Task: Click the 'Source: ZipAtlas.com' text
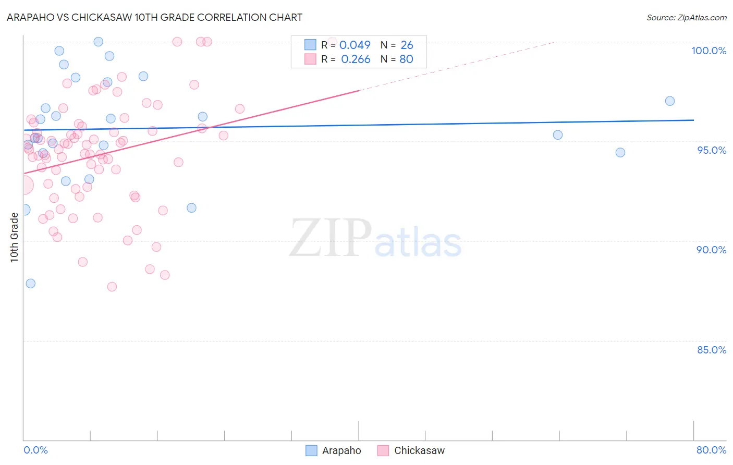686,18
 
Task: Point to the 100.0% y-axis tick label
708,51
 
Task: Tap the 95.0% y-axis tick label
712,150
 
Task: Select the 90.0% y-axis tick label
711,250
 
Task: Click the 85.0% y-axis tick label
711,350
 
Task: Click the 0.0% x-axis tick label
35,450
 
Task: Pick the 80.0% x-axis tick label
711,450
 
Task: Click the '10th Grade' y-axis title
15,237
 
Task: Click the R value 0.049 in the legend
355,45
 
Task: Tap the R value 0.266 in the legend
356,59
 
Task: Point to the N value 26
407,45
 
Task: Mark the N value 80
406,59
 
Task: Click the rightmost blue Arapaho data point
670,101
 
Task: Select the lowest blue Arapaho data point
31,284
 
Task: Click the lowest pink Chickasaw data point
112,287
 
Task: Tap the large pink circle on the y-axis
24,185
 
